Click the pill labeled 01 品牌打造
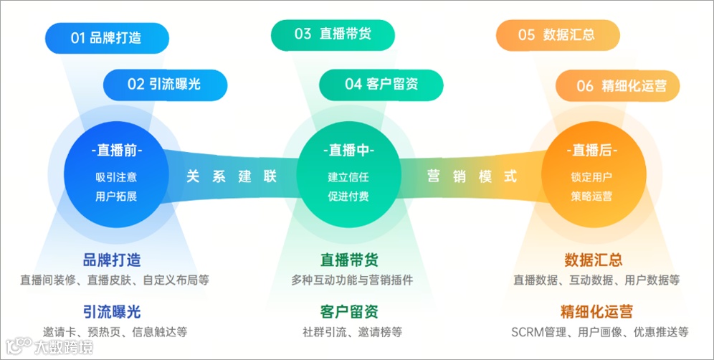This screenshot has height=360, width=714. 106,38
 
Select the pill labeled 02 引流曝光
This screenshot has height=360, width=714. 165,85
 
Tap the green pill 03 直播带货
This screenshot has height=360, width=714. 333,34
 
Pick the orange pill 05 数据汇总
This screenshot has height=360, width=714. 557,34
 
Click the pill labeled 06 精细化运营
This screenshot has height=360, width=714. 617,86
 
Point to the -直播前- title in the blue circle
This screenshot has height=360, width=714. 117,151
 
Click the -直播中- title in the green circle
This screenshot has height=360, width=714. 348,151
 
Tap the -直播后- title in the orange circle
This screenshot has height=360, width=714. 592,151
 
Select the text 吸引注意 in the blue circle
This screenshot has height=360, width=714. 116,176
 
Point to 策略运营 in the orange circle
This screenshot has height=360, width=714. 592,196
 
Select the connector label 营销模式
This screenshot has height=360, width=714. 471,176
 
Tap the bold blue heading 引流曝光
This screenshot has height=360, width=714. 112,311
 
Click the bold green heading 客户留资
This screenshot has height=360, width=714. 349,312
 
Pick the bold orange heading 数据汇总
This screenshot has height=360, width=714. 594,260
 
